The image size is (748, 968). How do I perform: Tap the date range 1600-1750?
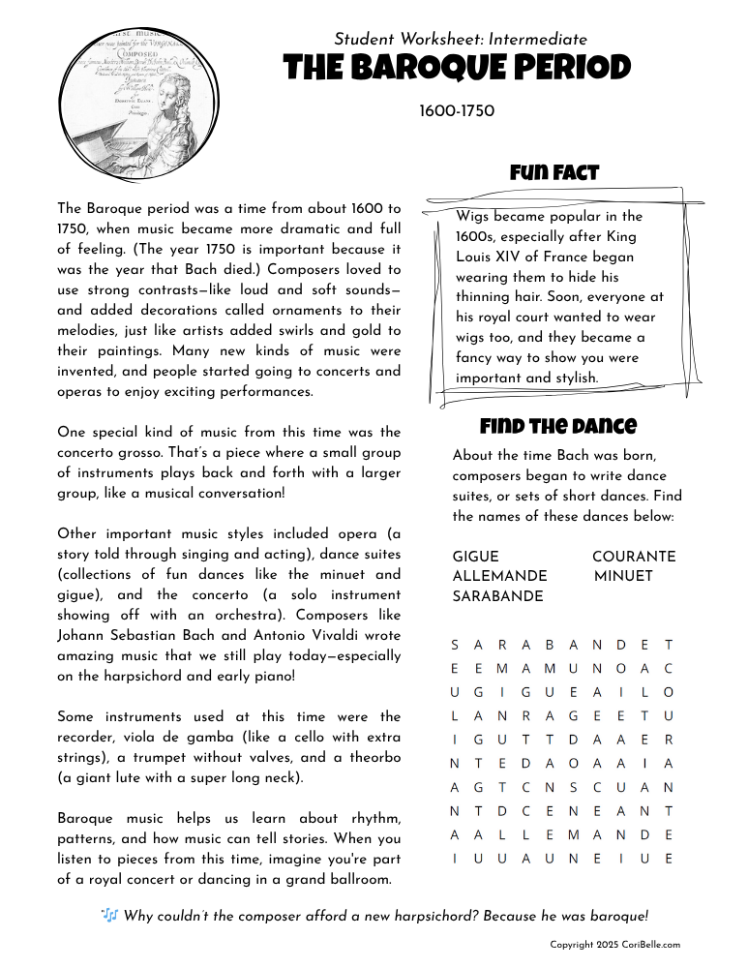(x=457, y=111)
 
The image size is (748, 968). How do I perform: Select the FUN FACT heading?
(x=554, y=173)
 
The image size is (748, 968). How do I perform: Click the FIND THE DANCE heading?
(x=558, y=426)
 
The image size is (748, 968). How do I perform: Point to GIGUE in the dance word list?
(x=475, y=557)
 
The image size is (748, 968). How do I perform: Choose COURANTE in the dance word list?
(x=634, y=557)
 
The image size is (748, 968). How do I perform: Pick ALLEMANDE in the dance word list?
(x=499, y=576)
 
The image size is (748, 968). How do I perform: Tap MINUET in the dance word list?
(x=623, y=576)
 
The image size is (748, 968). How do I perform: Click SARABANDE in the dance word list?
(x=497, y=596)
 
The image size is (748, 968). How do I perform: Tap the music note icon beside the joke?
(x=109, y=915)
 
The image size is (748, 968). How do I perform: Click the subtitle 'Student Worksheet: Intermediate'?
(x=461, y=40)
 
